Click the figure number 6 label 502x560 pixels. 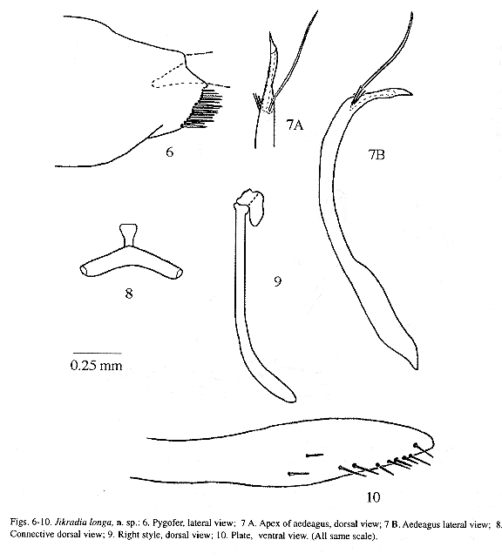tap(170, 152)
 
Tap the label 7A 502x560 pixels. tap(295, 125)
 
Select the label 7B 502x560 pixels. tap(376, 155)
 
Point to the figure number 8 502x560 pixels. tap(129, 293)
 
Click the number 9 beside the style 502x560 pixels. tap(278, 281)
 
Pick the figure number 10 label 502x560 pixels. tap(373, 496)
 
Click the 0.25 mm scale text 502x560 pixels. tap(96, 365)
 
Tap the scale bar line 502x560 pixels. tap(98, 354)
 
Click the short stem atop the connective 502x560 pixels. tap(128, 235)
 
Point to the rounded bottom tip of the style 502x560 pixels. tap(288, 397)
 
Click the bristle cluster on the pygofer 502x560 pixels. tap(203, 109)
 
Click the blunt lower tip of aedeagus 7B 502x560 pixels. tap(414, 365)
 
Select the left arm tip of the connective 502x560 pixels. tap(83, 270)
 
